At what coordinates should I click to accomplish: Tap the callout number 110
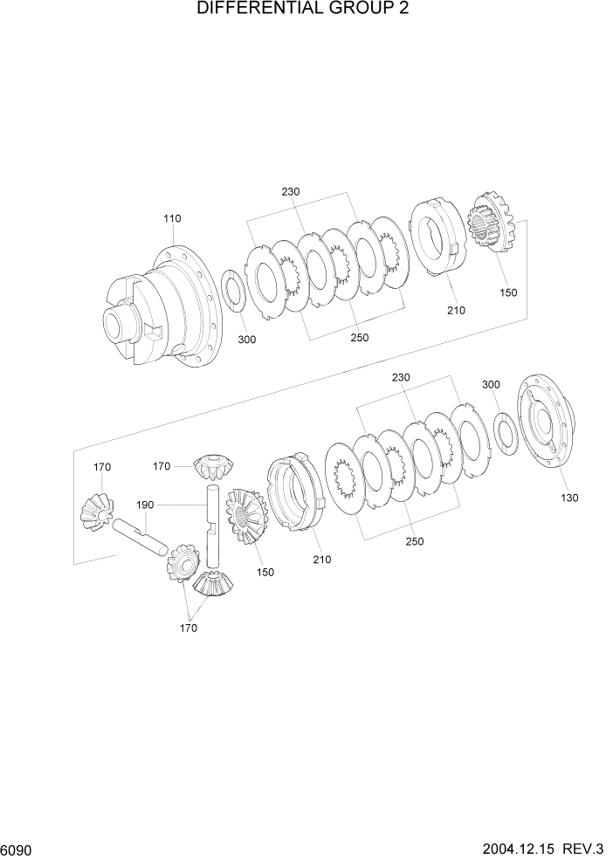click(x=173, y=218)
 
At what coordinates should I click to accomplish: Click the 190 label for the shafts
click(x=145, y=505)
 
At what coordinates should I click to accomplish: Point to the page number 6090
click(x=18, y=849)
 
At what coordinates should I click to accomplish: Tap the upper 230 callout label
click(x=292, y=192)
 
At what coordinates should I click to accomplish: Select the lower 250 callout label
click(x=415, y=541)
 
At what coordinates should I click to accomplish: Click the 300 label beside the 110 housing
click(x=247, y=340)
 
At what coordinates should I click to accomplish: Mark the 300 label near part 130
click(x=491, y=384)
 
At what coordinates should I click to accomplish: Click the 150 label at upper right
click(x=508, y=294)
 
